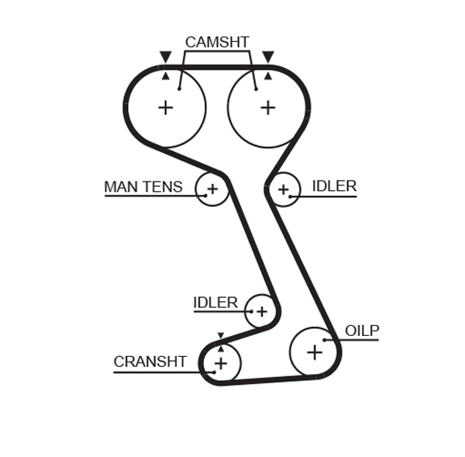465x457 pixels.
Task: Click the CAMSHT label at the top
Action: [216, 42]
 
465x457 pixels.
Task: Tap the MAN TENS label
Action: [143, 187]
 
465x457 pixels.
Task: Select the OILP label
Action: [362, 331]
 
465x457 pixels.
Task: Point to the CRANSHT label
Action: [150, 362]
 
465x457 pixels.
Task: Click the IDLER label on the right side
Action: [334, 186]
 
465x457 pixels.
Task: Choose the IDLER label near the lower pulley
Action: [215, 303]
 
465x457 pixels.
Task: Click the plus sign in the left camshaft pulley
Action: [165, 107]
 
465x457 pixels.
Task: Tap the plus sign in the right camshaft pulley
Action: [267, 107]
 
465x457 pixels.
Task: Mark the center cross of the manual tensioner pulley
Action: [212, 189]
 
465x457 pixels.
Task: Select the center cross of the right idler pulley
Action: [284, 189]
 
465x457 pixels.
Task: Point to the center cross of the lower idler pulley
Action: [261, 312]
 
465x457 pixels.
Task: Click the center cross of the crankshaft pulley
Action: [221, 363]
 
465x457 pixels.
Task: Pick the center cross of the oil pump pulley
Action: [314, 352]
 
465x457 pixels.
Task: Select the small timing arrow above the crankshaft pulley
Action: [221, 336]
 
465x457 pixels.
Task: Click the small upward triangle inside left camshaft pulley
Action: [165, 76]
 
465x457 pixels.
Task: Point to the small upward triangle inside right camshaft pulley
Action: [267, 76]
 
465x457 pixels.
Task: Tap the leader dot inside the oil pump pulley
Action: [325, 340]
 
